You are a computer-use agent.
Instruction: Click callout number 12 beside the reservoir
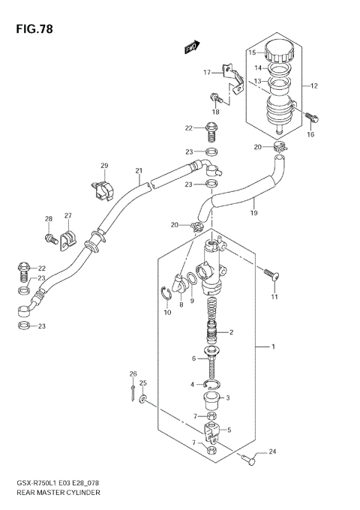[314, 86]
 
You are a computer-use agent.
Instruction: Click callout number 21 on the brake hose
[139, 171]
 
